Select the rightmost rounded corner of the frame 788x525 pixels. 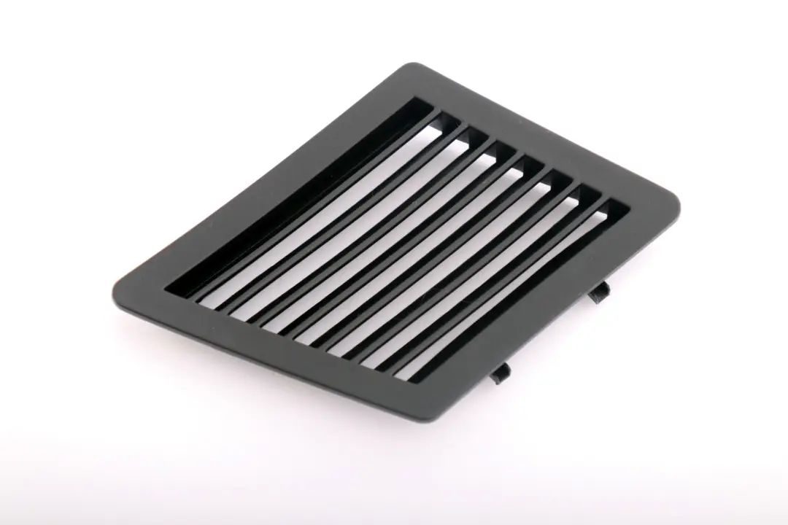click(x=676, y=208)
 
